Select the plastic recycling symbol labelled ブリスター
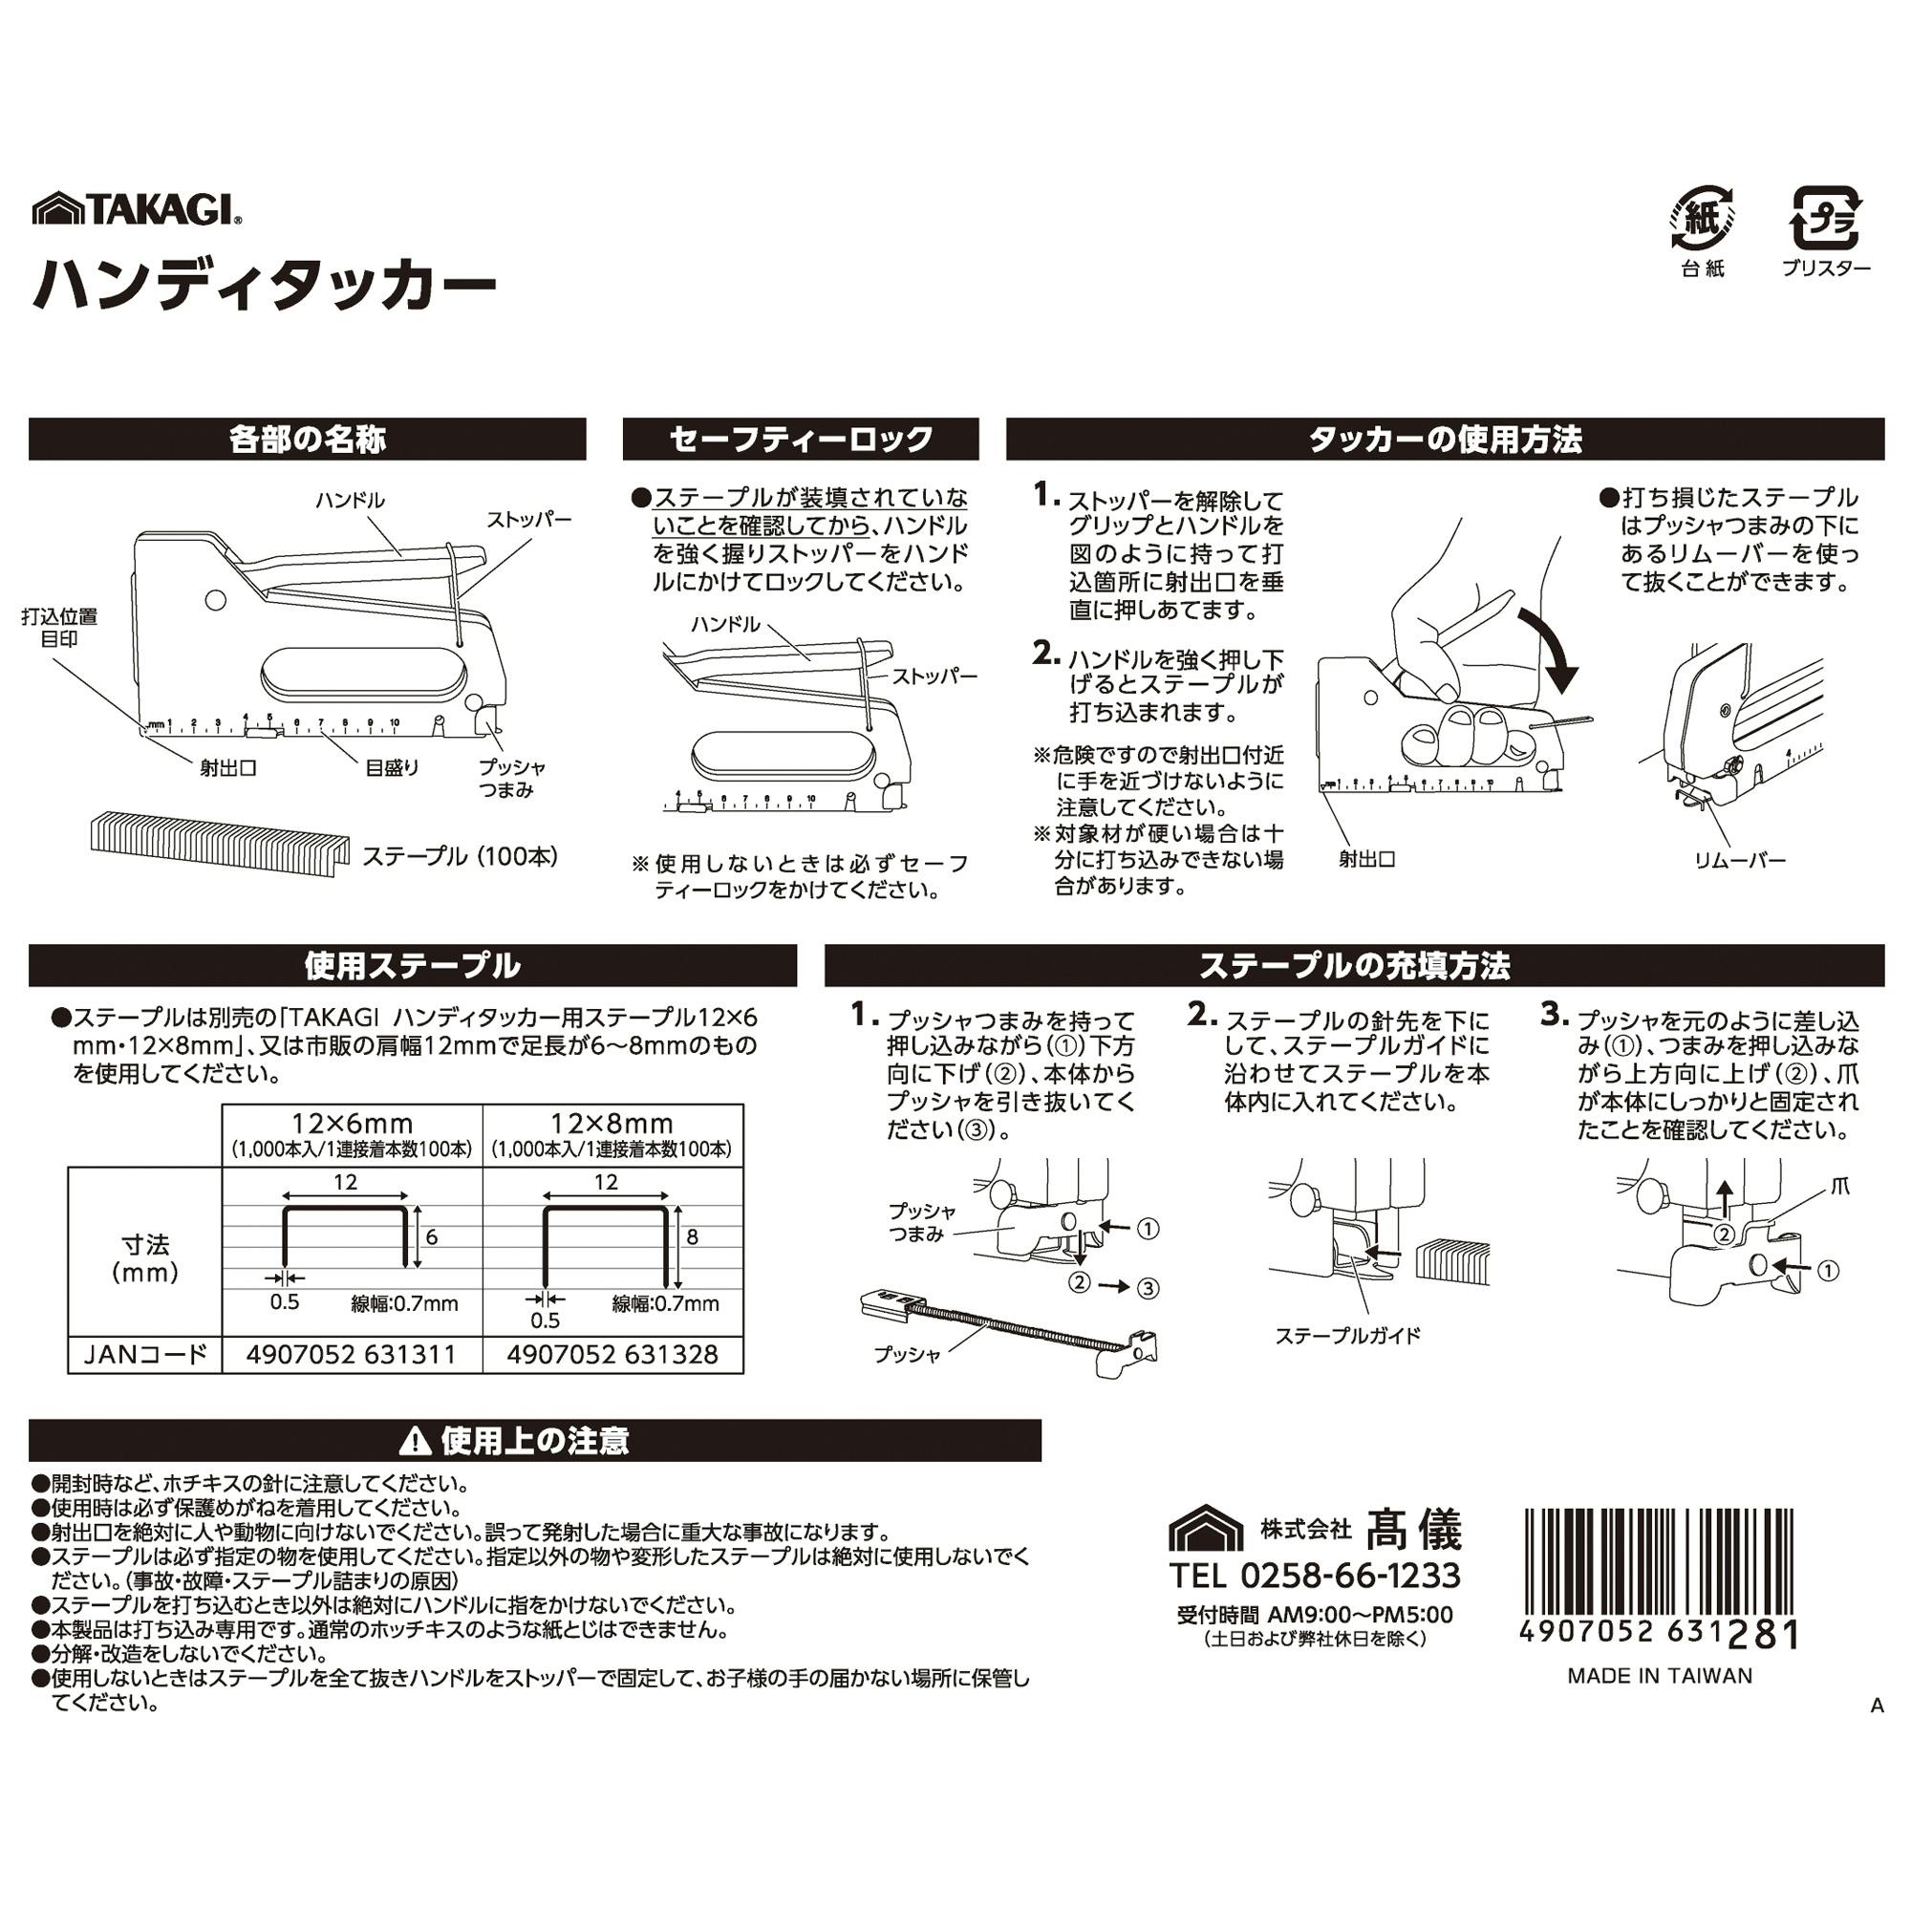coord(1827,219)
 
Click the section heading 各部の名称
coord(307,440)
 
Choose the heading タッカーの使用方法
coord(1445,440)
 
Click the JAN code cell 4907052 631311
coord(351,1354)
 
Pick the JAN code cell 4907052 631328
coord(612,1354)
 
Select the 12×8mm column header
coord(612,1124)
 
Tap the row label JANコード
coord(145,1354)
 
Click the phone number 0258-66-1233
coord(1349,1575)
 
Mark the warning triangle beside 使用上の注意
coord(416,1442)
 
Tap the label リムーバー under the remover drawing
coord(1740,860)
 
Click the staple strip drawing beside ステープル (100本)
coord(220,846)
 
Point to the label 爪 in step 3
coord(1839,1186)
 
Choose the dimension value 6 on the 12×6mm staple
coord(431,1236)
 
